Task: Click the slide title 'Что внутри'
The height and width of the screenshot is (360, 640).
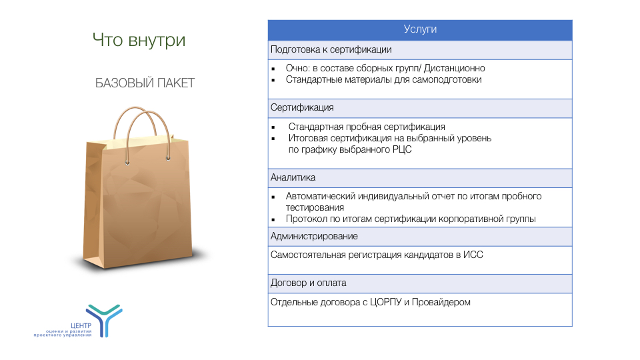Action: coord(139,41)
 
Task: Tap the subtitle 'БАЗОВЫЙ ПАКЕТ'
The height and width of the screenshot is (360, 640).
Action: coord(145,83)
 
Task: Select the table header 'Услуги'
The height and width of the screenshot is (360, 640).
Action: coord(420,29)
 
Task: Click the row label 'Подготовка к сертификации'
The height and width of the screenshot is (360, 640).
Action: coord(331,49)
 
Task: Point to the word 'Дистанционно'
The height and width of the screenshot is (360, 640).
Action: coord(454,68)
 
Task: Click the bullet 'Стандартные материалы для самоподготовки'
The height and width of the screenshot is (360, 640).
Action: coord(384,79)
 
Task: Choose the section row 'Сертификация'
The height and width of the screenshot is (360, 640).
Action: coord(302,107)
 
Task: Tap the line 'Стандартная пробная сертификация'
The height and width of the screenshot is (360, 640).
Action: coord(367,127)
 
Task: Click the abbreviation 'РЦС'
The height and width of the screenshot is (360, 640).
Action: coord(401,149)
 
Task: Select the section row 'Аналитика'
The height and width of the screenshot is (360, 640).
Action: coord(293,177)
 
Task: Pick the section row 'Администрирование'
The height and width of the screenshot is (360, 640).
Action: coord(314,236)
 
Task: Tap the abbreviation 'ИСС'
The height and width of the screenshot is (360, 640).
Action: coord(473,255)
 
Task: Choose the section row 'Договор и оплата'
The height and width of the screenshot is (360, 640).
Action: coord(309,283)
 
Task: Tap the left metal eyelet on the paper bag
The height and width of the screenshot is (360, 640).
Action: coord(128,163)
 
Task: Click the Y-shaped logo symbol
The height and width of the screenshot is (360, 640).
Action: coord(105,320)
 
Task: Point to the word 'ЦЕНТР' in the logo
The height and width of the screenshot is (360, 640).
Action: coord(81,326)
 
